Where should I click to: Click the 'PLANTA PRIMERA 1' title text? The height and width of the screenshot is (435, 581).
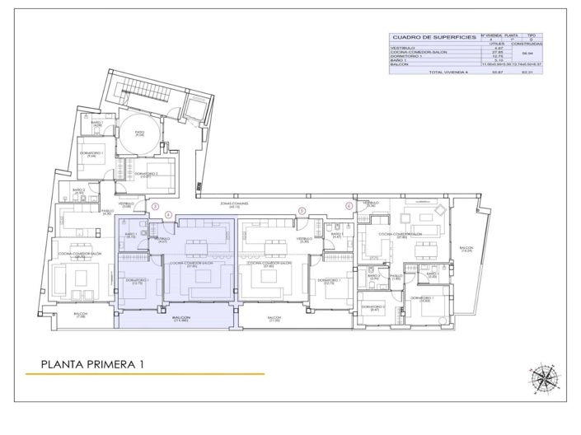click(92, 362)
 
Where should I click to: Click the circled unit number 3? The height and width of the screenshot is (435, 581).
click(156, 206)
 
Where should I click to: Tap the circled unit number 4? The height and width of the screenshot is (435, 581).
click(169, 215)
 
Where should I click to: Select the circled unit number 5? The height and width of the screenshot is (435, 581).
click(302, 210)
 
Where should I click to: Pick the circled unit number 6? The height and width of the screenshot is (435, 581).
click(349, 206)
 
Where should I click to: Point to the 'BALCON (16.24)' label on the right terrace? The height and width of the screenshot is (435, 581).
click(467, 249)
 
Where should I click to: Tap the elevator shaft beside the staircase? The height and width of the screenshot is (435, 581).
click(196, 108)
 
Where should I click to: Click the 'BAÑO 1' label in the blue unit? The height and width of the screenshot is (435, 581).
click(131, 234)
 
